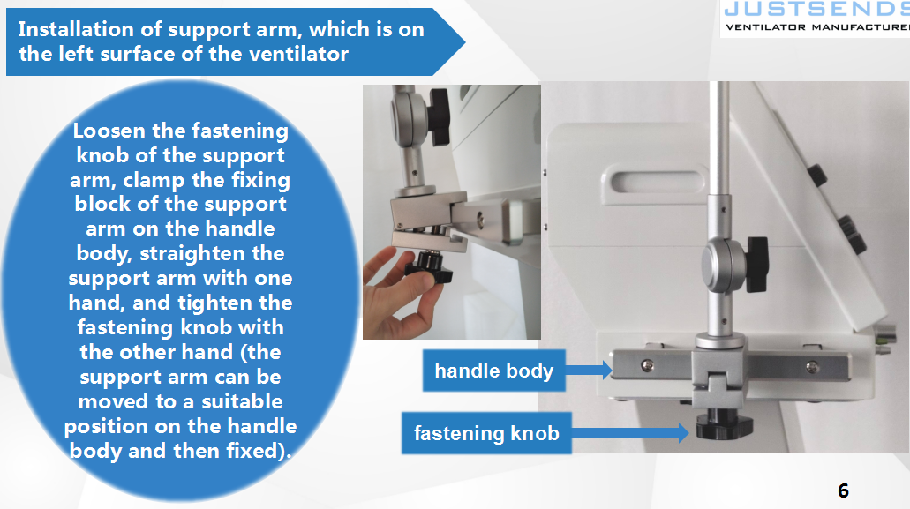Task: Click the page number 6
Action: [843, 491]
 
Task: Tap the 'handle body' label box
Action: [494, 371]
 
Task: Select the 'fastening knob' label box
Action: [486, 433]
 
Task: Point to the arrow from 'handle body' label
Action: [589, 370]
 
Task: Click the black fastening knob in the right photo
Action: [724, 424]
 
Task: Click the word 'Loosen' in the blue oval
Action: [109, 131]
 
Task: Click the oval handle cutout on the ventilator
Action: [655, 182]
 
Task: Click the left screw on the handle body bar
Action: [646, 365]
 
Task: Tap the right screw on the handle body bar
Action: [813, 366]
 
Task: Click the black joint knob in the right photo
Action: [757, 264]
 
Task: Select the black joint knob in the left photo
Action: [440, 117]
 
